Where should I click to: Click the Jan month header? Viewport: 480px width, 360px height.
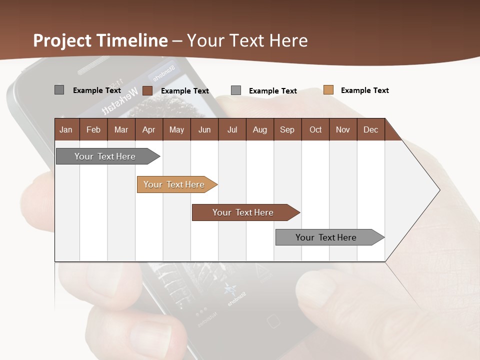pos(66,129)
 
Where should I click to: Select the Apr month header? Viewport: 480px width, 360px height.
pos(148,129)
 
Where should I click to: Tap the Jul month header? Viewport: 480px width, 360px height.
pos(232,129)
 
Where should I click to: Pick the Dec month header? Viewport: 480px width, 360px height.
pos(370,129)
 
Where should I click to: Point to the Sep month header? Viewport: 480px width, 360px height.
pos(287,129)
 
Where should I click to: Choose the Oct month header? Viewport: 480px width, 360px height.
pos(315,129)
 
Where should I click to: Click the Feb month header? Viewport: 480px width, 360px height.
pos(93,129)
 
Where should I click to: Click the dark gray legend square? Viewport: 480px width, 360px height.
pos(59,90)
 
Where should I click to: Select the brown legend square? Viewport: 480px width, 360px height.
pos(147,90)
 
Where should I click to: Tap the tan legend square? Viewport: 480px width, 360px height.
pos(328,90)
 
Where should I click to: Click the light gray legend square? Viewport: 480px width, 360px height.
pos(236,90)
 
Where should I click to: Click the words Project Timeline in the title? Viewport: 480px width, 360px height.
pos(100,40)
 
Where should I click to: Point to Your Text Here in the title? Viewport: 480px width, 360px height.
pos(247,40)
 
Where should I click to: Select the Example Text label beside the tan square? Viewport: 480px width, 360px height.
pos(364,90)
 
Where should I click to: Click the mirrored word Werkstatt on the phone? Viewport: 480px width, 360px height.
pos(119,101)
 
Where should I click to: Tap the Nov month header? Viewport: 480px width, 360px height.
pos(343,129)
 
